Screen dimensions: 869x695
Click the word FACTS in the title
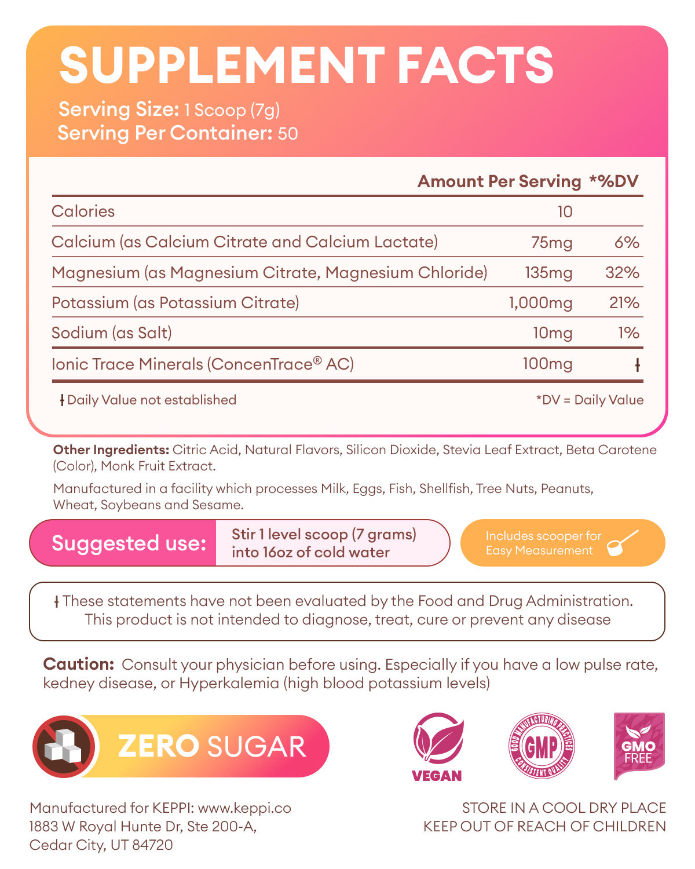[x=475, y=65]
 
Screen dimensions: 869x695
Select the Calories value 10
[x=565, y=212]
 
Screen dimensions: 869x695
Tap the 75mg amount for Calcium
[x=551, y=242]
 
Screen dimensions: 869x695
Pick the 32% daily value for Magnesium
[x=622, y=272]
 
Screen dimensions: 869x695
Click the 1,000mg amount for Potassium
[x=540, y=303]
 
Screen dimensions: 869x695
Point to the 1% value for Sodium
[x=628, y=333]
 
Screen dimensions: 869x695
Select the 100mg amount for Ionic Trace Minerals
[x=547, y=364]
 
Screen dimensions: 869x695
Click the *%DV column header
[x=613, y=181]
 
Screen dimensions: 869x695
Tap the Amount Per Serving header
[x=499, y=181]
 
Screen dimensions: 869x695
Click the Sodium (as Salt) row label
[x=112, y=333]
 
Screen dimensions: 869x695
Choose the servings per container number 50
[x=288, y=134]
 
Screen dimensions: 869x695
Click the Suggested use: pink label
[x=129, y=543]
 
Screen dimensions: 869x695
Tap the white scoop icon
[x=623, y=543]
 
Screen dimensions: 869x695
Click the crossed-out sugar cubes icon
[x=65, y=746]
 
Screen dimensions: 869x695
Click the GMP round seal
[x=542, y=746]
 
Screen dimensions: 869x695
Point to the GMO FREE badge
[x=638, y=746]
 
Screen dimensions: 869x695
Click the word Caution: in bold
[x=78, y=664]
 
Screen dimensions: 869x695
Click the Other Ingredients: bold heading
[x=111, y=450]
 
